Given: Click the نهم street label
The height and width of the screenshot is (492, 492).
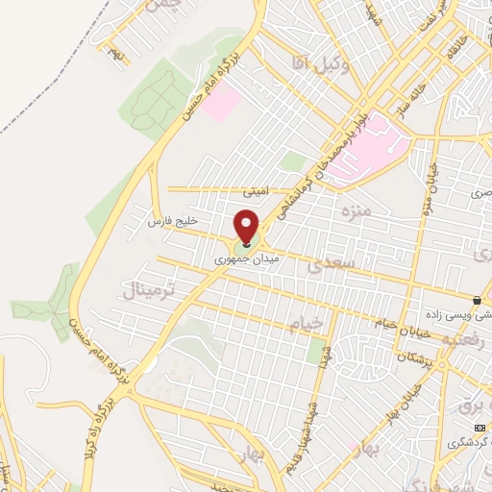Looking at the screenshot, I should coord(118,49).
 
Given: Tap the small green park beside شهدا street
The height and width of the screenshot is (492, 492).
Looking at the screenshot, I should coord(316,353).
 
